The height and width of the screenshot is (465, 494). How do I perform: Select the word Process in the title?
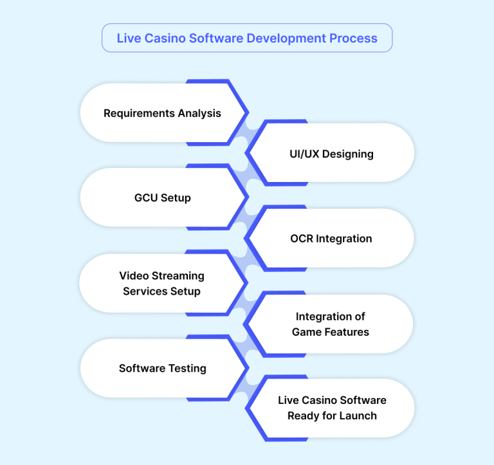point(353,38)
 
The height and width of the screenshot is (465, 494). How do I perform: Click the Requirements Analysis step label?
point(162,113)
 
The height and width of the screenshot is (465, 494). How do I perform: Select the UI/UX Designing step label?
point(331,154)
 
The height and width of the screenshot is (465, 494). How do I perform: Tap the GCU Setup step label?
point(162,197)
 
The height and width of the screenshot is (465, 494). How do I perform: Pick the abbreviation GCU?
point(146,197)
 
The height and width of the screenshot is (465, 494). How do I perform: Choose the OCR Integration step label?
point(331,239)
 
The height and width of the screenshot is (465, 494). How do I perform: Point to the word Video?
point(133,276)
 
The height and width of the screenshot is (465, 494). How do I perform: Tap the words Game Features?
point(331,332)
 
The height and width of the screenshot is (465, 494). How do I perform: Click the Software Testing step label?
point(162,369)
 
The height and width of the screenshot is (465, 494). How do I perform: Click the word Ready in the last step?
point(302,415)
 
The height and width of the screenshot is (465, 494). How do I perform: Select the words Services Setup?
point(162,291)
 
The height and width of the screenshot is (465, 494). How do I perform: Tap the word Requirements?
point(136,113)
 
